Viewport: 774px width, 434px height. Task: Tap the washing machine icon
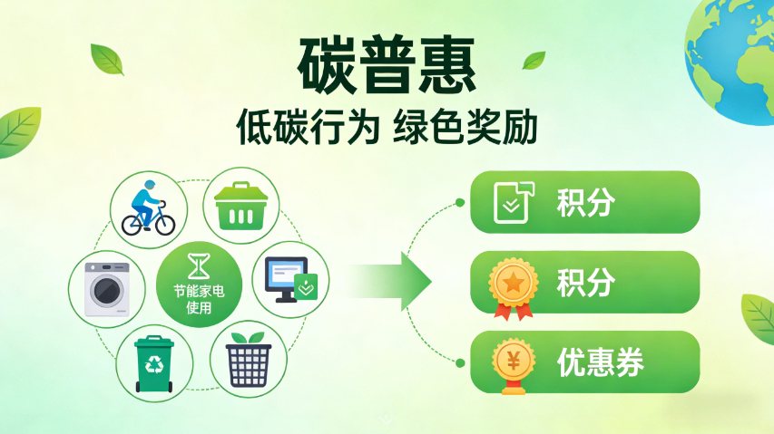coord(106,289)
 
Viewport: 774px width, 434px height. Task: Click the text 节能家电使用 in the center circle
coord(198,300)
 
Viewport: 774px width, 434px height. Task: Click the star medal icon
coord(513,286)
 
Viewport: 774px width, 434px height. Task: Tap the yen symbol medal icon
coord(513,364)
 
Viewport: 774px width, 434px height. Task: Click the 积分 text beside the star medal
coord(585,283)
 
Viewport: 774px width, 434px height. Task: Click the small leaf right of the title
coord(534,61)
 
